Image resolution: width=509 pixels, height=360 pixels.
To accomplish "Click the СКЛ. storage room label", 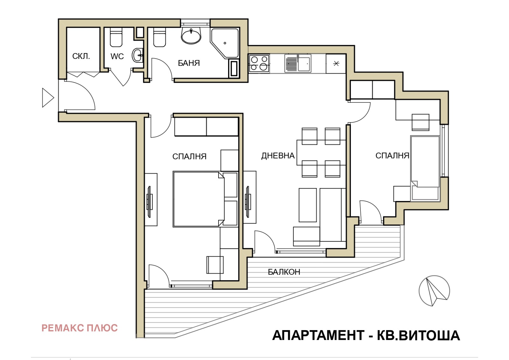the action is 81,56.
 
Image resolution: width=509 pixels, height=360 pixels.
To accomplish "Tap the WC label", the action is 117,56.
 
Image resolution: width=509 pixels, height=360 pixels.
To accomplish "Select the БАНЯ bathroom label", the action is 189,63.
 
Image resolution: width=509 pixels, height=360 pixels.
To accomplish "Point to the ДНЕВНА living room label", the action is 278,156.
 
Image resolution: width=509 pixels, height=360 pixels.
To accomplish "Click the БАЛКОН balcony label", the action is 284,272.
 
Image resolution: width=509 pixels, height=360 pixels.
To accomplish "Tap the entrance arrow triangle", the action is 48,98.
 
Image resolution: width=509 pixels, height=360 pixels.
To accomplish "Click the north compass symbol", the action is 434,291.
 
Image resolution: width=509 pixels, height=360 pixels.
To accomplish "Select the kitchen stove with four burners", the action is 259,63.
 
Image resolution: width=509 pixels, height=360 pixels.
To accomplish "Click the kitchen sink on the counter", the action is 298,63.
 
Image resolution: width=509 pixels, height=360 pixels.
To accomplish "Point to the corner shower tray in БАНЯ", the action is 225,43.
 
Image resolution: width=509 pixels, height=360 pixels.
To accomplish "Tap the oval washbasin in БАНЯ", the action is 191,36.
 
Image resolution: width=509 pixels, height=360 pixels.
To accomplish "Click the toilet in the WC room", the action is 116,37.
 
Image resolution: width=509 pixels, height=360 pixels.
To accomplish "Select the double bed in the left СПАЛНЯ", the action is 199,199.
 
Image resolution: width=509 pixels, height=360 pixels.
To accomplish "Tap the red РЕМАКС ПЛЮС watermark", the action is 80,328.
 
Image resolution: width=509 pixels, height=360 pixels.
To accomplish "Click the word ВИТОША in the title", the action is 429,336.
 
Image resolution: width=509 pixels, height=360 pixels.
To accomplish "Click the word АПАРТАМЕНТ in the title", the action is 318,336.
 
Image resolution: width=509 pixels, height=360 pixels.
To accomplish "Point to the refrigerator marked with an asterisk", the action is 336,63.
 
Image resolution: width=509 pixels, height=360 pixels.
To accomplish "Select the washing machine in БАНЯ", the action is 234,68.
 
